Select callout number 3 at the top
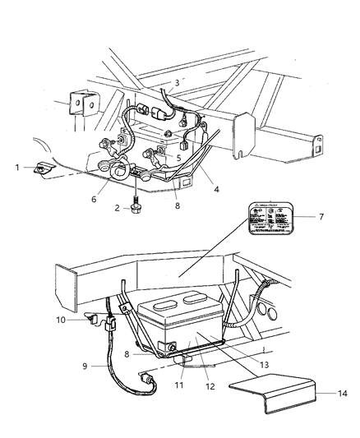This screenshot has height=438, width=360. click(x=176, y=83)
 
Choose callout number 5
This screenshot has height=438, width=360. click(x=179, y=157)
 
